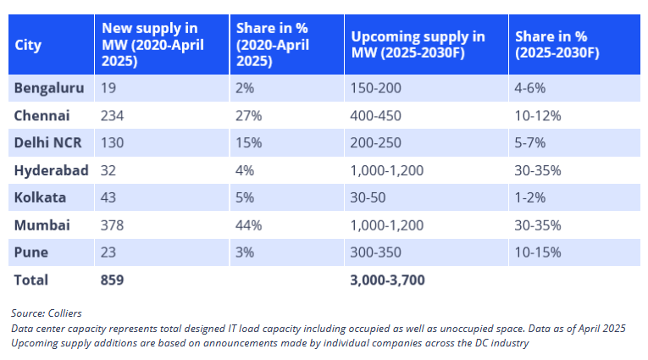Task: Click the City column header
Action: pos(28,45)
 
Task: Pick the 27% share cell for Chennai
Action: pos(249,115)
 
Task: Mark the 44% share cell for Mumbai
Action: pos(249,225)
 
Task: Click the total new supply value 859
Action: pos(113,280)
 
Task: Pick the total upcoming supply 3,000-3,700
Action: pos(387,280)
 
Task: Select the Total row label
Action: pos(31,280)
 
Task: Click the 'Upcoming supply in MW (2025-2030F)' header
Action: pos(418,45)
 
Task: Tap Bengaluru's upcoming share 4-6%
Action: pos(531,88)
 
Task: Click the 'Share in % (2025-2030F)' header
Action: pos(557,45)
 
